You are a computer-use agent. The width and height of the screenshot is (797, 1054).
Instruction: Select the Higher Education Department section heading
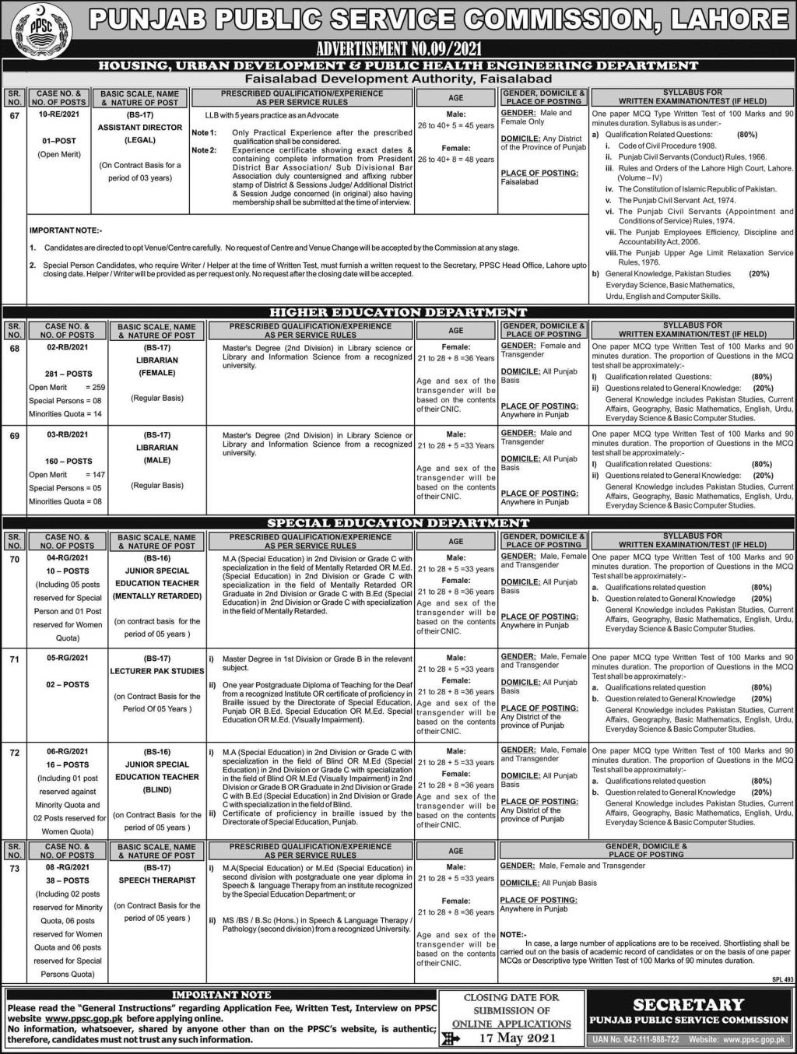pos(398,312)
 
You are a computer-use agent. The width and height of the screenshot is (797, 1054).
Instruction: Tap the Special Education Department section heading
pos(398,523)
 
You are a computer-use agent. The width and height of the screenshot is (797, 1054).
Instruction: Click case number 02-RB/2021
pos(67,348)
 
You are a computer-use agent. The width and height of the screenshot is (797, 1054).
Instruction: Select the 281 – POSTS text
pos(68,374)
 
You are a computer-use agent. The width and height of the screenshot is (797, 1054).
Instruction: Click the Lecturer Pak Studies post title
pos(157,671)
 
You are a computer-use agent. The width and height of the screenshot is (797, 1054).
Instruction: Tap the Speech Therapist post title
pos(157,880)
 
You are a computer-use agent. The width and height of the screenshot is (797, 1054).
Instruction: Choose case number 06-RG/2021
pos(67,752)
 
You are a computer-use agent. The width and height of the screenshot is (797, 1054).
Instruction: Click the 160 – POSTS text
pos(68,461)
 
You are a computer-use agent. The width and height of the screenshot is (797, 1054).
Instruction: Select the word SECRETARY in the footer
pos(688,1004)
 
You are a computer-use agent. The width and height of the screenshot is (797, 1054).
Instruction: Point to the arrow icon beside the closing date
pos(451,1038)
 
